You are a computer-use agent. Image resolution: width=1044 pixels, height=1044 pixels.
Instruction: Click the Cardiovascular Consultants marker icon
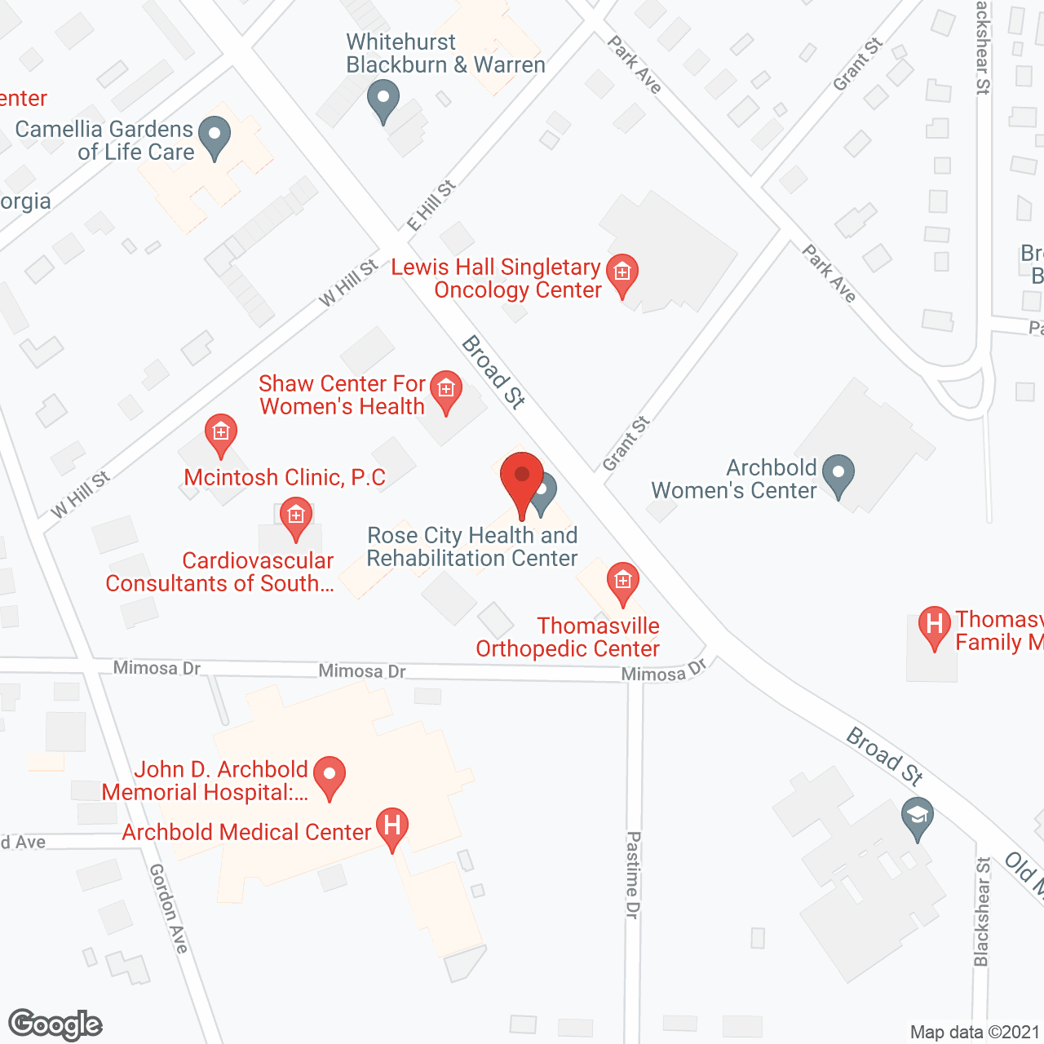click(295, 517)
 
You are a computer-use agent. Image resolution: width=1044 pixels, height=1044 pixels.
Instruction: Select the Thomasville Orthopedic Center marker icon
click(623, 582)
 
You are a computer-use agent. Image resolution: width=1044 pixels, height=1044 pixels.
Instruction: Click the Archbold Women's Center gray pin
click(838, 474)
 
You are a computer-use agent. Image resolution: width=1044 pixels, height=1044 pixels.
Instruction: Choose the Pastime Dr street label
click(633, 874)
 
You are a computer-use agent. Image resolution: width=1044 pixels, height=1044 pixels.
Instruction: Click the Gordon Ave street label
click(169, 908)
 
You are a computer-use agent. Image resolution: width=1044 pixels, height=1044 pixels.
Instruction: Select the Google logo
click(55, 1024)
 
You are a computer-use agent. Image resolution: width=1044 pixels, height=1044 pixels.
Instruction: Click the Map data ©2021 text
click(974, 1032)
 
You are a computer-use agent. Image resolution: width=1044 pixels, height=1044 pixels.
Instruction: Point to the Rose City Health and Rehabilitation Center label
click(472, 546)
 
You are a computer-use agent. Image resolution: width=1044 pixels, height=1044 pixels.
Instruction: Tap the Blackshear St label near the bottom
click(982, 911)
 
